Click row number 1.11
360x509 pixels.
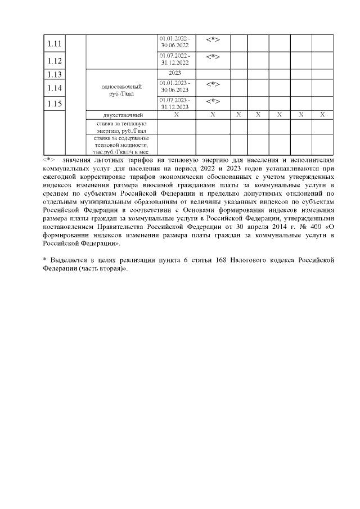(x=55, y=44)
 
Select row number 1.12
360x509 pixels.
(x=55, y=60)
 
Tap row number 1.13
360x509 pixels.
(x=55, y=75)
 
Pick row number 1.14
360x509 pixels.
(x=55, y=88)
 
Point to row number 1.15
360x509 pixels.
(x=55, y=103)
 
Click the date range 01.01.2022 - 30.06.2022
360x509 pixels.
(x=175, y=42)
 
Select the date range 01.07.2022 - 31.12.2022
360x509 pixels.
(x=175, y=59)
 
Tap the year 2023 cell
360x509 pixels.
(x=175, y=73)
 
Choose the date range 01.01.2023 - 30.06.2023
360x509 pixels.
(x=175, y=86)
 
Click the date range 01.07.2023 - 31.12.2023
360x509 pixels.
(x=175, y=103)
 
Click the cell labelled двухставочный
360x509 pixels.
(x=121, y=115)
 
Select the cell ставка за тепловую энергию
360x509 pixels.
(x=121, y=126)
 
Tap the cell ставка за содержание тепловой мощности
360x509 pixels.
(x=121, y=144)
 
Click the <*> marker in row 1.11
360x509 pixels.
(x=213, y=39)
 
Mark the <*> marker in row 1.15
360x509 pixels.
(x=213, y=101)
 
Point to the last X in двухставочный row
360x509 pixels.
(x=322, y=114)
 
